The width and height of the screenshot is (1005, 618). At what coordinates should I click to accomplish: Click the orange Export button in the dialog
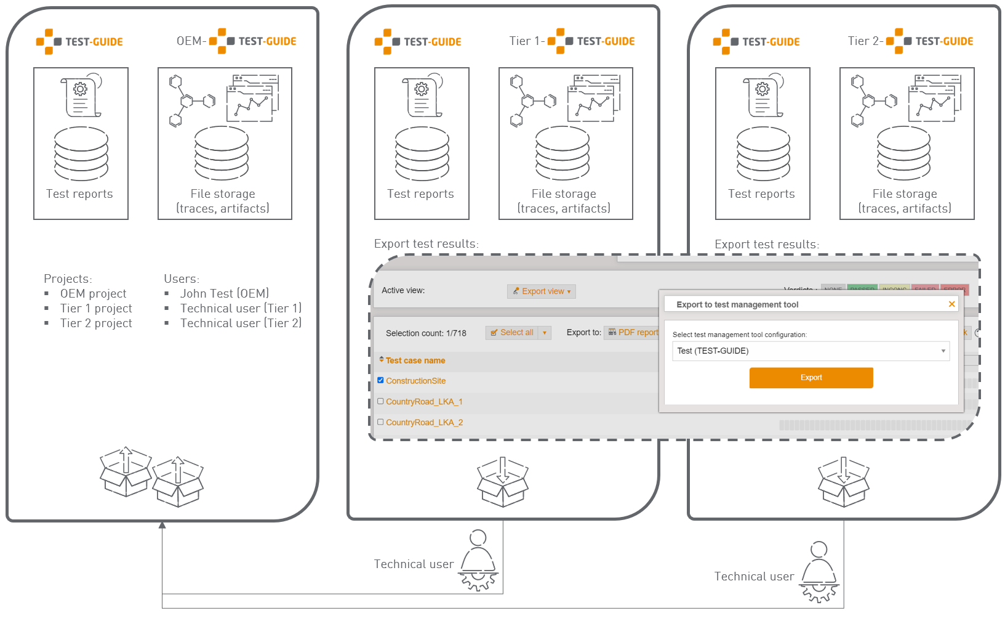811,378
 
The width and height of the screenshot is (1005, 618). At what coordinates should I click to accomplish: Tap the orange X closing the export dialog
951,304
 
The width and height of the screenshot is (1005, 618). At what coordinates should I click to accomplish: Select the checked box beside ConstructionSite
380,380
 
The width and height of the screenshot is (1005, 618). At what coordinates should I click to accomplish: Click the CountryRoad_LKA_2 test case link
424,423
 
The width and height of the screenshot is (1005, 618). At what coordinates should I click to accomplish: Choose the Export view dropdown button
542,291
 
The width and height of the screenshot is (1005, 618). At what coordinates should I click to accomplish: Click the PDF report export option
633,333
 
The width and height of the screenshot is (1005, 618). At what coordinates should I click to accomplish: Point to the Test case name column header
415,360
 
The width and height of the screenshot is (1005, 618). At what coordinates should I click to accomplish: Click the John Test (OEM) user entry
224,294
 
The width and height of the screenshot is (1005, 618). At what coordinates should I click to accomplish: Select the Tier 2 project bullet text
96,323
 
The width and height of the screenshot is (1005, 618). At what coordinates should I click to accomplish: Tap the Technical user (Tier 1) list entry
241,309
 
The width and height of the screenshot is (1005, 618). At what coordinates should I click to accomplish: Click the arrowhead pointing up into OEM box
162,525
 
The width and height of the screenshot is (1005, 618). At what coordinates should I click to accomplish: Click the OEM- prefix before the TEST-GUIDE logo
191,41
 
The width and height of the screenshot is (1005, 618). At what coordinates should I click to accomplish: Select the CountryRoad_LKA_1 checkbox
380,401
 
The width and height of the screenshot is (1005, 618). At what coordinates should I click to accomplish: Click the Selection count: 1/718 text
426,333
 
